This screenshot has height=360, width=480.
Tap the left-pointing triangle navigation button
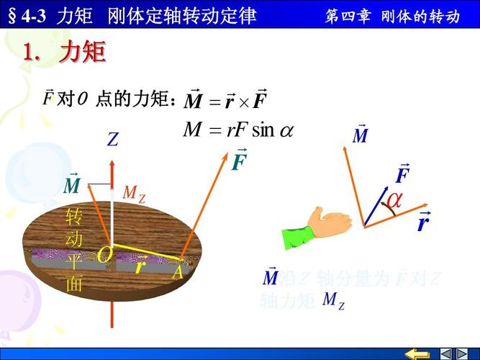tap(446, 354)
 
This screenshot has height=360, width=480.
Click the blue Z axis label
tap(112, 140)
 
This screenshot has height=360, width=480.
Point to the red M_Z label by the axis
tap(133, 193)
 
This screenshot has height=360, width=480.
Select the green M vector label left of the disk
tap(72, 184)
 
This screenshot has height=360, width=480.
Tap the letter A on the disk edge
tap(178, 272)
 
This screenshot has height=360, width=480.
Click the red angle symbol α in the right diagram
tap(394, 200)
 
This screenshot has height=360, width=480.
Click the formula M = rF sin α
tap(238, 130)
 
